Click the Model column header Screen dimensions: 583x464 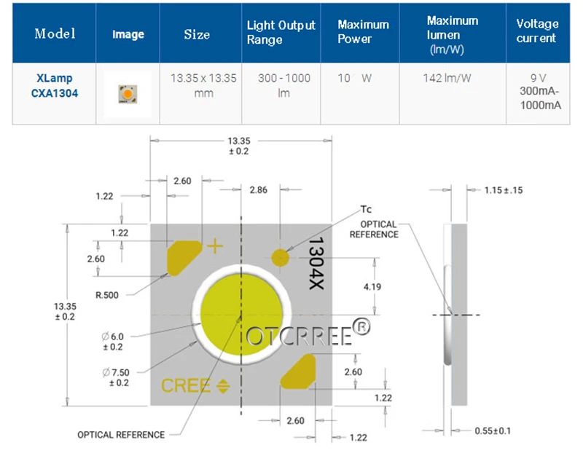(x=55, y=34)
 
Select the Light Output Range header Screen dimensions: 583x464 (x=281, y=32)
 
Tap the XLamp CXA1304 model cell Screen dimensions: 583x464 (x=54, y=85)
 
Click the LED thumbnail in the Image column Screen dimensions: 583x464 (x=128, y=94)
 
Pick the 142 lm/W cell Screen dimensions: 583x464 (x=447, y=78)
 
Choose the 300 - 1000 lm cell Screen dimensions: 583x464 (x=284, y=85)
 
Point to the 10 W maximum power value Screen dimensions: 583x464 (x=354, y=78)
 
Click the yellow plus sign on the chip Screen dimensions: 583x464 (x=215, y=246)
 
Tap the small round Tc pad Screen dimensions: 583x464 (x=280, y=257)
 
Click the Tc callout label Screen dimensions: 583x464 (x=366, y=209)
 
